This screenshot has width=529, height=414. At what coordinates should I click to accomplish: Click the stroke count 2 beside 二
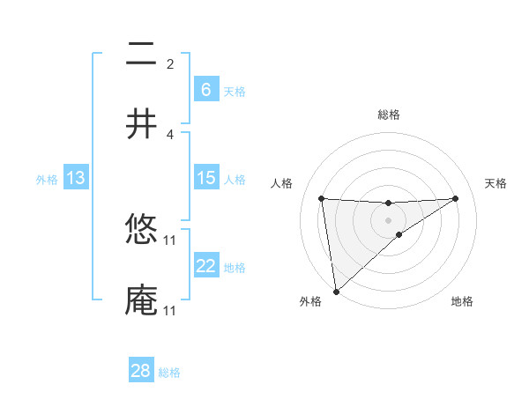pos(170,64)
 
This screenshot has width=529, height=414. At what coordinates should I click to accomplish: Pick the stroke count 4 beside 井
pos(170,134)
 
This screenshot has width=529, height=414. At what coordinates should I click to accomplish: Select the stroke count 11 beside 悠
pos(170,240)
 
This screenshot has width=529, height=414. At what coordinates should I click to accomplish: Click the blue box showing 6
pos(205,90)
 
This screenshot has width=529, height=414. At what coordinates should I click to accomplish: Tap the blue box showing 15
pos(205,178)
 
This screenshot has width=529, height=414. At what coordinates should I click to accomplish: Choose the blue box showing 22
pos(205,266)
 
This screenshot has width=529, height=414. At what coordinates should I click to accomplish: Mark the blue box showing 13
pos(76,178)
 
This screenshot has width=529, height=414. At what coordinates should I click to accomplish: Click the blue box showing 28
pos(141,371)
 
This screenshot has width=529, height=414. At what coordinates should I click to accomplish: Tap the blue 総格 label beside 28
pos(169,373)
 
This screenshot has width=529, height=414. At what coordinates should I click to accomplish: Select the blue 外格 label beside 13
pos(47,179)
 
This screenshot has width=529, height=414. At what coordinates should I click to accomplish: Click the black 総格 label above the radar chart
pos(389,115)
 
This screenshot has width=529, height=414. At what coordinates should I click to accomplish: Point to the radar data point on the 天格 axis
pos(456,198)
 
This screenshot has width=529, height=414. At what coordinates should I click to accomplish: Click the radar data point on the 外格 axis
pos(335,292)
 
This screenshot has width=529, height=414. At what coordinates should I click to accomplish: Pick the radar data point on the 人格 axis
pos(322,198)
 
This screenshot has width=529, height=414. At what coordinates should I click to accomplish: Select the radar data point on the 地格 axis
pos(399,234)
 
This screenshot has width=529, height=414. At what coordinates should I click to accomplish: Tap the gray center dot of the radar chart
pos(389,219)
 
